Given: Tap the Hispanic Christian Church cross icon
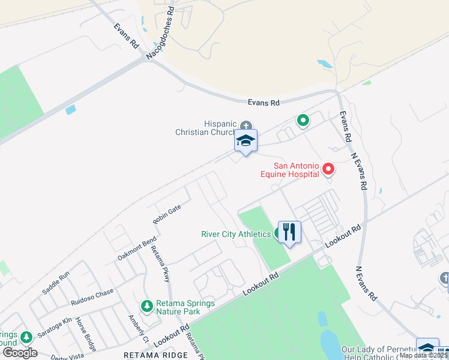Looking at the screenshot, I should pyautogui.click(x=246, y=125).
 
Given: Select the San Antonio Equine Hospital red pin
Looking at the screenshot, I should pyautogui.click(x=328, y=169).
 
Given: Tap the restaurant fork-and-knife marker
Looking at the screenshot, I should pyautogui.click(x=289, y=232).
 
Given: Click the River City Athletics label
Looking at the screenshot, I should pyautogui.click(x=236, y=234).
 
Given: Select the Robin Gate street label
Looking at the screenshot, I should pyautogui.click(x=166, y=214).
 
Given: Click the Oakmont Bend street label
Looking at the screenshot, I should pyautogui.click(x=137, y=248).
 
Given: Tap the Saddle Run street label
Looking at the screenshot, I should pyautogui.click(x=55, y=283).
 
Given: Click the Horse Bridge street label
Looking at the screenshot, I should pyautogui.click(x=85, y=334).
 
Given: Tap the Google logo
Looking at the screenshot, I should pyautogui.click(x=19, y=353).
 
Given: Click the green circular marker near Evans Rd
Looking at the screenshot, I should pyautogui.click(x=303, y=121).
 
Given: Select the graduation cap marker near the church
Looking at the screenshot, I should pyautogui.click(x=246, y=142).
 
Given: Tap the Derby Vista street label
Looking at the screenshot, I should pyautogui.click(x=67, y=356).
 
